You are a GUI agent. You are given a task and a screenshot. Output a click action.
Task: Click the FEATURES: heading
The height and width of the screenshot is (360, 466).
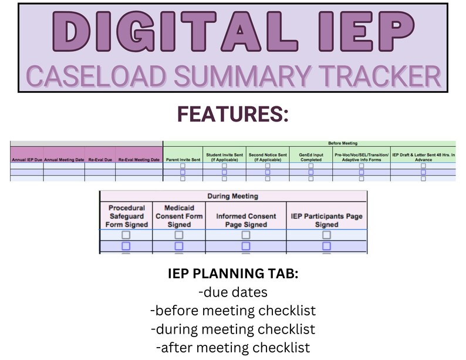click(233, 113)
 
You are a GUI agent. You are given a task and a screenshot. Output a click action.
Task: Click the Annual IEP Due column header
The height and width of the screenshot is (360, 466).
click(26, 159)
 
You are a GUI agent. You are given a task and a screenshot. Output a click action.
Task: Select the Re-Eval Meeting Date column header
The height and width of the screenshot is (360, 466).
click(139, 159)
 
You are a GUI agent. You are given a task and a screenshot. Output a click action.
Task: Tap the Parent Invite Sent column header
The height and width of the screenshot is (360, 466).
click(183, 159)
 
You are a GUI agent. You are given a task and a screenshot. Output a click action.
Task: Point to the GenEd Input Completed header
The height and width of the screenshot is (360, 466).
click(310, 157)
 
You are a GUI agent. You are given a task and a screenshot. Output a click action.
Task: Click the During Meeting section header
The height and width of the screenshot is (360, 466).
click(233, 196)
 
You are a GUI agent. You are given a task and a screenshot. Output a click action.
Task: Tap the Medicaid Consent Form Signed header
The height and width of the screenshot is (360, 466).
click(178, 216)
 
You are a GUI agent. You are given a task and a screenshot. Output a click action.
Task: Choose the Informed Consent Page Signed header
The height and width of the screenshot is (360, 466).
click(245, 220)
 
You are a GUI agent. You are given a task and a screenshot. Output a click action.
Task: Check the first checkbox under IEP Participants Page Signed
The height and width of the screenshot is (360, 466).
click(326, 235)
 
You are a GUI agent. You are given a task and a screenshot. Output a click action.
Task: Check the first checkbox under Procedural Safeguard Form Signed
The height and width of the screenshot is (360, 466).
click(126, 235)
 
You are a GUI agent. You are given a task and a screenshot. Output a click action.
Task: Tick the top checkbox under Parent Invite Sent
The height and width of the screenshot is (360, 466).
click(183, 166)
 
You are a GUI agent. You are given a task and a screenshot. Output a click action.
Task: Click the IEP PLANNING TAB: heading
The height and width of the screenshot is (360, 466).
click(233, 273)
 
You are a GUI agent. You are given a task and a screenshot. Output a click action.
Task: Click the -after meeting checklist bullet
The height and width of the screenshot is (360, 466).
click(233, 346)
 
